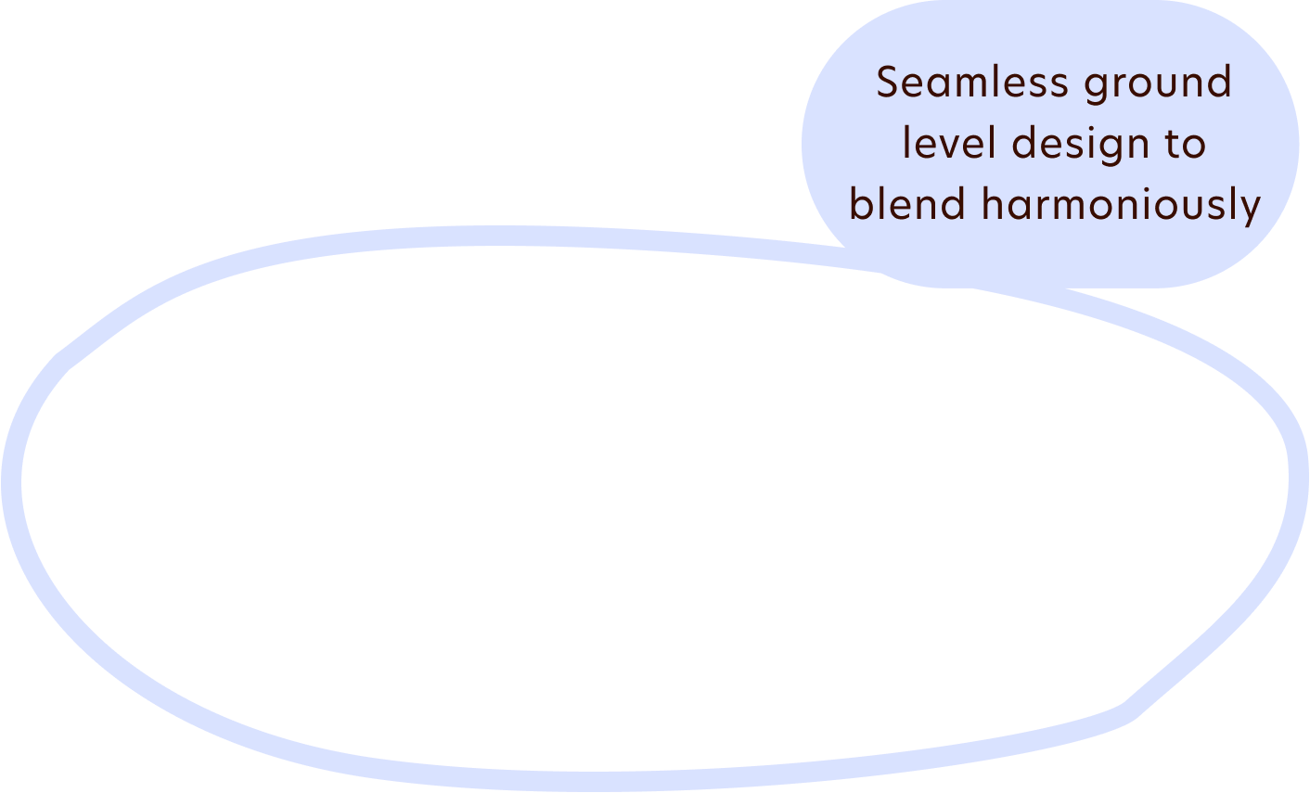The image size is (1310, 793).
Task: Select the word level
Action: pos(949,144)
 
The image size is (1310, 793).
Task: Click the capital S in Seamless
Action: pos(889,83)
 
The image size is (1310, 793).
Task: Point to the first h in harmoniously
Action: pos(992,204)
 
